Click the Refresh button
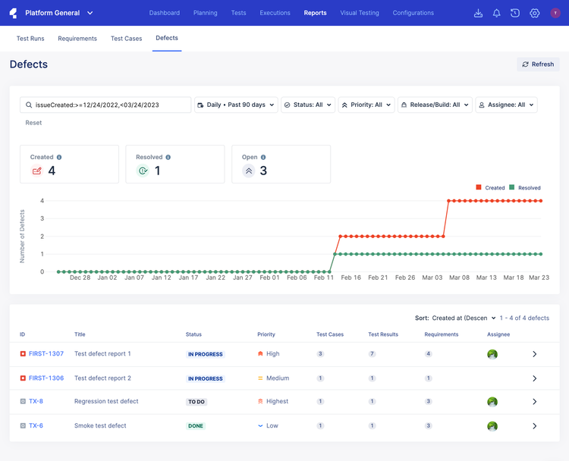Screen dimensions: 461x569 [538, 64]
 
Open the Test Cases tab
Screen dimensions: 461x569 [126, 39]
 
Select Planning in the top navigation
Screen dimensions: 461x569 [205, 13]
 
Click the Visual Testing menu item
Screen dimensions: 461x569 [360, 13]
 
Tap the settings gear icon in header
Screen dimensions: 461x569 [535, 13]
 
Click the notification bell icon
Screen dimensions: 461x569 [497, 13]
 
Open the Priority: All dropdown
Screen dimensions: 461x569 [366, 105]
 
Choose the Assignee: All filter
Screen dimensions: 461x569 [506, 105]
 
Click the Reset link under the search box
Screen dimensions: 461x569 [33, 123]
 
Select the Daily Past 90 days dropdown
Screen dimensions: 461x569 [236, 105]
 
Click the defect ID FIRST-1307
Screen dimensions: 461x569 [46, 354]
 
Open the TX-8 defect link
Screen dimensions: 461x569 [36, 402]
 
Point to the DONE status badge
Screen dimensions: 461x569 [196, 426]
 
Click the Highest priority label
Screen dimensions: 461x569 [277, 402]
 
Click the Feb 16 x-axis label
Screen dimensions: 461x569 [351, 278]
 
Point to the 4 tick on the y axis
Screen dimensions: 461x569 [42, 201]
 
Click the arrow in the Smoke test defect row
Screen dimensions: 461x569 [534, 426]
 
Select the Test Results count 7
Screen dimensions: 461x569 [372, 354]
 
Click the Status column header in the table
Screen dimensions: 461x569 [193, 334]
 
